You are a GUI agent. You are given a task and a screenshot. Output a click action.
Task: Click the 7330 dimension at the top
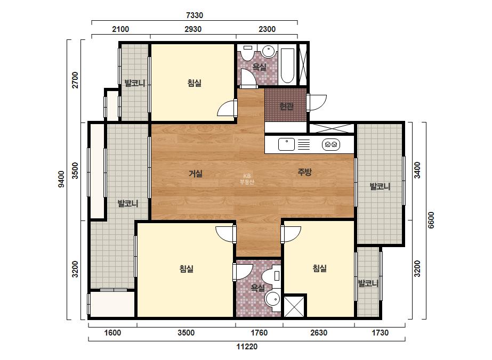point(195,15)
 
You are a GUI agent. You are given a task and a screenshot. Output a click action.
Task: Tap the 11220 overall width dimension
point(247,347)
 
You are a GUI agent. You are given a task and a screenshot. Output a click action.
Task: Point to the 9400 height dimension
point(61,179)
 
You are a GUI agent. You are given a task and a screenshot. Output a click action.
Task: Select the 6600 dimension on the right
point(431,220)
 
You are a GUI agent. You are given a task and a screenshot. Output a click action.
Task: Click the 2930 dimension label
point(193,29)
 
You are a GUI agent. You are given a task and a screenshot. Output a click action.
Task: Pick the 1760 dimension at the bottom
point(259,332)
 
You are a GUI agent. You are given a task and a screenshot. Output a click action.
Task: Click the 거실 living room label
point(196,174)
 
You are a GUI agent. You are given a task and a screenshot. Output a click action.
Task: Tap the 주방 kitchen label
point(304,172)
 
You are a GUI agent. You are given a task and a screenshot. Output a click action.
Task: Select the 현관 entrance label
point(286,107)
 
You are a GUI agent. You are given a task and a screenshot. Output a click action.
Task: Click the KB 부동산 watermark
point(247,179)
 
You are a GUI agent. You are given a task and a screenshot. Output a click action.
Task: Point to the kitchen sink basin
point(286,144)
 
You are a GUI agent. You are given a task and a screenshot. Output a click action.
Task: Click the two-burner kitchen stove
point(331,144)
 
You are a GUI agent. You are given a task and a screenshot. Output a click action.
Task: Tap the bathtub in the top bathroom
point(287,65)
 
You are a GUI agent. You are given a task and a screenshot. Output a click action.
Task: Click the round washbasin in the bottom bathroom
point(272,298)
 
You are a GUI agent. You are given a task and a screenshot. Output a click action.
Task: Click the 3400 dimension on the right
point(417,170)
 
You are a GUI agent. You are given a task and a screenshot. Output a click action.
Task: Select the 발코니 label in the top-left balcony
point(135,83)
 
